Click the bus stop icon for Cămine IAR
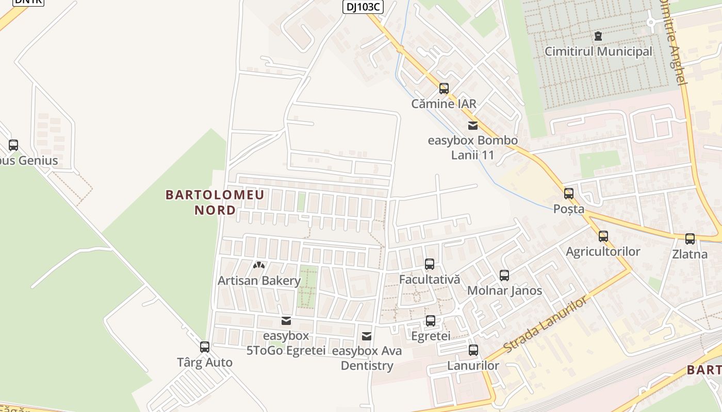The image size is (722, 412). [444, 89]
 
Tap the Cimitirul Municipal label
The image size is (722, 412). [598, 51]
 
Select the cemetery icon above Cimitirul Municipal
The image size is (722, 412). [598, 36]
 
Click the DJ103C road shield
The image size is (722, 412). [363, 6]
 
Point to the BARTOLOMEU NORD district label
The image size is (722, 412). [215, 202]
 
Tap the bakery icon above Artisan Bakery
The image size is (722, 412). [259, 265]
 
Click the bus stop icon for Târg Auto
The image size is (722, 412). [205, 347]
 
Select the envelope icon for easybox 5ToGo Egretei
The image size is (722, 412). [286, 321]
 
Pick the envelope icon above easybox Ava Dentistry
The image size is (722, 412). [367, 336]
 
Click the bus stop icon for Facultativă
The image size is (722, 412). [429, 264]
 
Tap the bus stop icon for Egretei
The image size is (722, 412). [431, 321]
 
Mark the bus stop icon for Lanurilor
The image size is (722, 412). [473, 351]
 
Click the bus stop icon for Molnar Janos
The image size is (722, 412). [504, 276]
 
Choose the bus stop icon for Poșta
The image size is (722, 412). [569, 194]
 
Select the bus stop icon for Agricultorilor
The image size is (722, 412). [603, 236]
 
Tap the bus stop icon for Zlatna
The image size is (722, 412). [690, 239]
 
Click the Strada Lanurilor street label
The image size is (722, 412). [546, 324]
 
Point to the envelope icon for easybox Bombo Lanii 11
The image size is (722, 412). [472, 125]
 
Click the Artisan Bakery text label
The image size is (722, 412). [259, 281]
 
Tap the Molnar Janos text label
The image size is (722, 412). [504, 290]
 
